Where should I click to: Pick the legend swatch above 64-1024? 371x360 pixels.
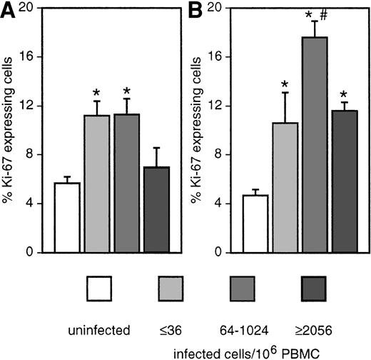click(x=243, y=289)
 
